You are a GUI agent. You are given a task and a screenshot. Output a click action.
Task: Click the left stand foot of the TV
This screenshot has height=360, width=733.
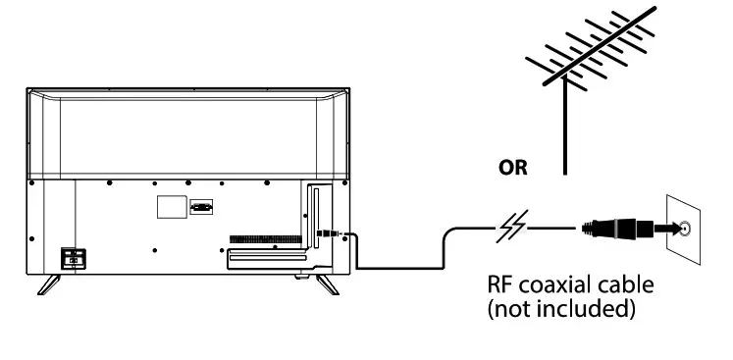[49, 283]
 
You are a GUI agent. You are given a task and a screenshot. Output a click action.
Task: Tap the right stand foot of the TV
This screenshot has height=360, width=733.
[325, 283]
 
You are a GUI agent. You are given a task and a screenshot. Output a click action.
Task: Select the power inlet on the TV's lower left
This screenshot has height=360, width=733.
[73, 257]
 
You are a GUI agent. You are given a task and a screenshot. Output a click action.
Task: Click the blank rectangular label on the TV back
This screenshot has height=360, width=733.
[172, 207]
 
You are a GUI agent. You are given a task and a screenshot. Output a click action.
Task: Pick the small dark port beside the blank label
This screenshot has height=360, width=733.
[201, 207]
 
